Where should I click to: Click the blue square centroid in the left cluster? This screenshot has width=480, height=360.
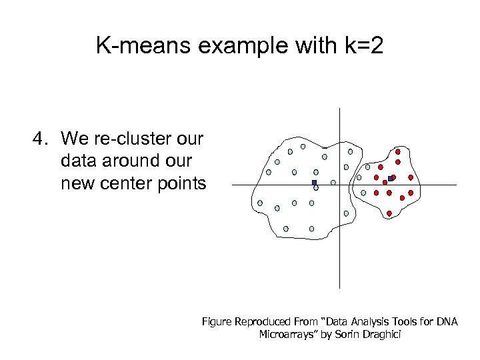[x=314, y=183]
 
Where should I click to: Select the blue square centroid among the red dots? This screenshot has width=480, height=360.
[x=390, y=178]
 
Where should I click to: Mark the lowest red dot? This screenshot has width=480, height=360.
[x=389, y=213]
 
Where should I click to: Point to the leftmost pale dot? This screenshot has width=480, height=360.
[x=260, y=203]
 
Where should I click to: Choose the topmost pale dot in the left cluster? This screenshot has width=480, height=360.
[x=303, y=146]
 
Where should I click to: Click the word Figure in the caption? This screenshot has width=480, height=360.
[x=217, y=322]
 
